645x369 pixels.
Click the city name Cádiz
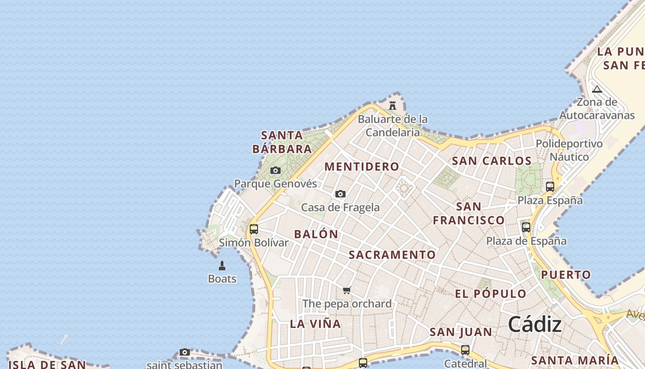click(535, 325)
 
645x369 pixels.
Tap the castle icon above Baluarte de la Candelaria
click(393, 105)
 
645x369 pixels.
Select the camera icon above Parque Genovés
click(276, 171)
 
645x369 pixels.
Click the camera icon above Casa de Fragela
click(340, 194)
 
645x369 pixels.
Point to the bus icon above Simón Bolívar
click(254, 229)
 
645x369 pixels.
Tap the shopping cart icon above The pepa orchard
click(347, 290)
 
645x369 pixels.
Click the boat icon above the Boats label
click(222, 265)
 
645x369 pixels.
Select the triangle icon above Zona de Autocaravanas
click(597, 89)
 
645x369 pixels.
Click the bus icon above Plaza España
click(550, 187)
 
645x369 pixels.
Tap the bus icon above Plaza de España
click(526, 227)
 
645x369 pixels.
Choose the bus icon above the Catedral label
click(465, 350)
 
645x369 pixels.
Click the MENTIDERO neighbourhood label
click(362, 167)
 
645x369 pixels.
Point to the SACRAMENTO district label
click(392, 255)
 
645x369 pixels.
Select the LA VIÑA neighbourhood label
click(316, 324)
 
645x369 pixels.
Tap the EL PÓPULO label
click(491, 294)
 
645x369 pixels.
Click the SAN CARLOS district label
click(492, 161)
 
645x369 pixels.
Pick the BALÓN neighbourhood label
click(316, 234)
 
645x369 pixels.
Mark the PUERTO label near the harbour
click(566, 275)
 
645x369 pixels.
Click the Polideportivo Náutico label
click(569, 150)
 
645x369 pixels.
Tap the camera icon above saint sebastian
click(185, 352)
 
